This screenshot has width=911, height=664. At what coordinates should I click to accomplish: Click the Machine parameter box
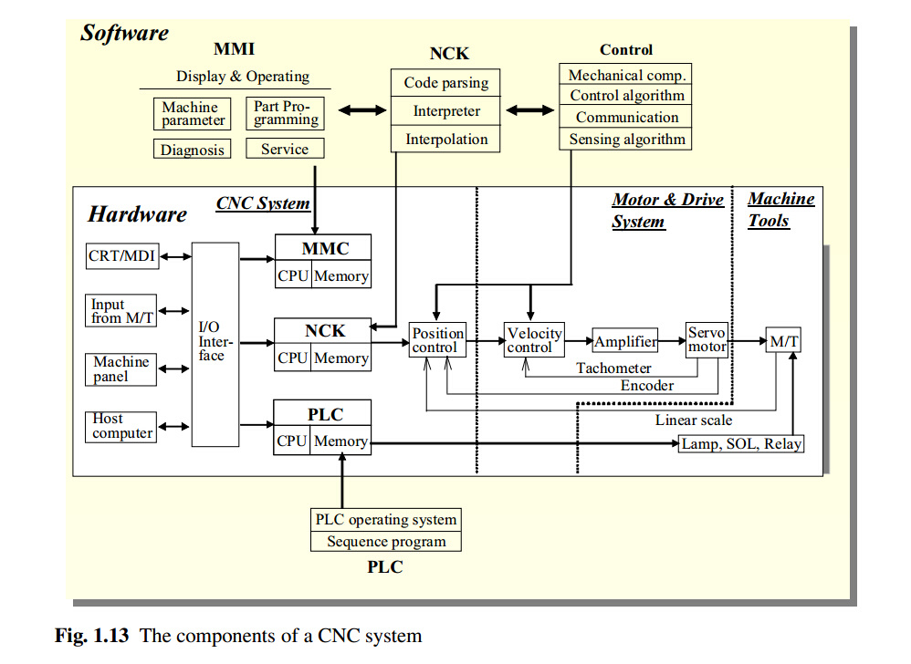point(190,114)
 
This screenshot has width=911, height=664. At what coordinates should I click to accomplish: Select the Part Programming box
point(286,113)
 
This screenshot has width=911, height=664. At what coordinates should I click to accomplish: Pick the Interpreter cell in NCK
point(446,111)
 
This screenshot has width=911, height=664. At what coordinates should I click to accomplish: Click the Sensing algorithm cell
point(626,140)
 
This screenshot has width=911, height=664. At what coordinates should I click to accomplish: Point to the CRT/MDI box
point(121,257)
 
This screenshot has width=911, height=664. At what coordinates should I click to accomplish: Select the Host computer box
point(121,426)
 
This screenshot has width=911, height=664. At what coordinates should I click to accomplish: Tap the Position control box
point(438,341)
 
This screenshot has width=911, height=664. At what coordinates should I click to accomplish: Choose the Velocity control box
point(534,340)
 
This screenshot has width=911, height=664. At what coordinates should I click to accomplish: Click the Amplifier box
point(625,342)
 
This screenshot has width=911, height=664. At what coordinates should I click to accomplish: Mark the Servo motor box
point(707,340)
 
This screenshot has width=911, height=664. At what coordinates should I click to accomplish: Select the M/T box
point(783,342)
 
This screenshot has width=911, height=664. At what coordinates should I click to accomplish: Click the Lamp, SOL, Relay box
point(741,444)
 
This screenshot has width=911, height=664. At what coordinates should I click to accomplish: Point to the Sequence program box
point(386,542)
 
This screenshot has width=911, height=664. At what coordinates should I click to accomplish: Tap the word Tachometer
point(613,368)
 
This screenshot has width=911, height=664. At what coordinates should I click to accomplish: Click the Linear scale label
point(693,420)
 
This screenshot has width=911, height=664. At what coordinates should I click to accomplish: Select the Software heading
point(124,33)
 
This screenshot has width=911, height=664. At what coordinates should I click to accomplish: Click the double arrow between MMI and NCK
point(362,111)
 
